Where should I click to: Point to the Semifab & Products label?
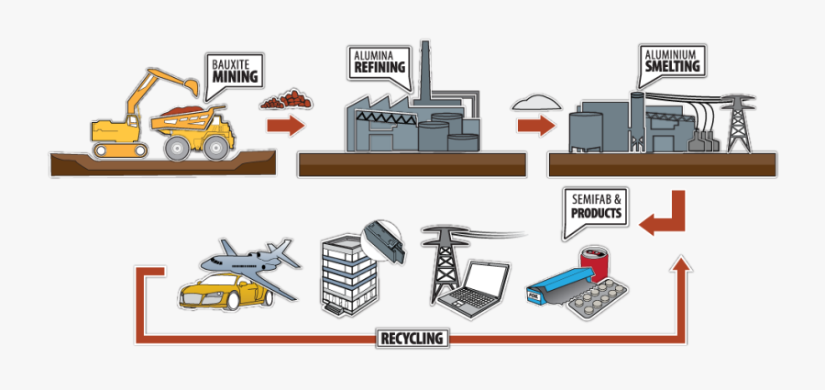(595, 206)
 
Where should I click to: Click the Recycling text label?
(412, 339)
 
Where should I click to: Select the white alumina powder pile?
(536, 99)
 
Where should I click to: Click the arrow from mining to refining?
(285, 126)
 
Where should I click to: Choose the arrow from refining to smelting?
(536, 124)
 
